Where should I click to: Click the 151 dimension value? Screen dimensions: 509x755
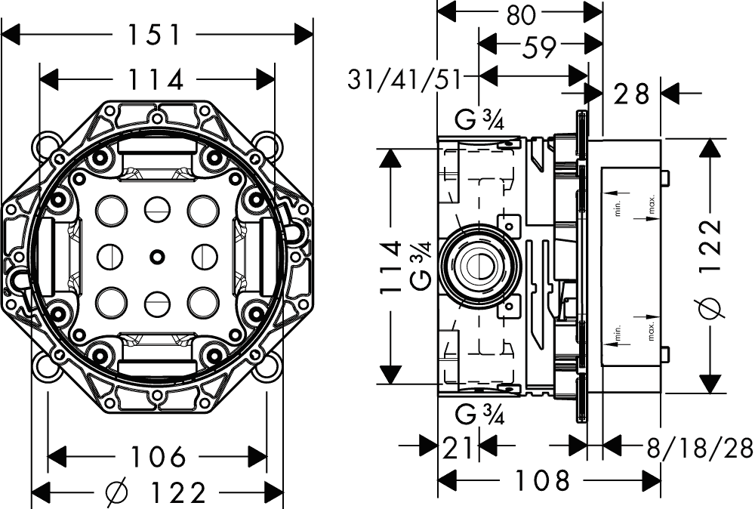point(155,34)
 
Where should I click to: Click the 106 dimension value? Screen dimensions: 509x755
point(158,456)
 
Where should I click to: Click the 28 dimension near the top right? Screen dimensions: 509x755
point(631,94)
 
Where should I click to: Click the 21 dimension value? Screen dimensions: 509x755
point(458,448)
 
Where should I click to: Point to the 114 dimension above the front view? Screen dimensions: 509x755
point(157,79)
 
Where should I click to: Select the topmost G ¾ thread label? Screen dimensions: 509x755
point(481,120)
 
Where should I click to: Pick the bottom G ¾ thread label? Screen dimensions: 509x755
point(481,415)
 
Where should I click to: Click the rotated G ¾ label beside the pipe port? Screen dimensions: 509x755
point(422,264)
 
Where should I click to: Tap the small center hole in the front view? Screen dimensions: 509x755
point(156,256)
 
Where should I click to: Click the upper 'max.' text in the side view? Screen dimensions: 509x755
point(651,204)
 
